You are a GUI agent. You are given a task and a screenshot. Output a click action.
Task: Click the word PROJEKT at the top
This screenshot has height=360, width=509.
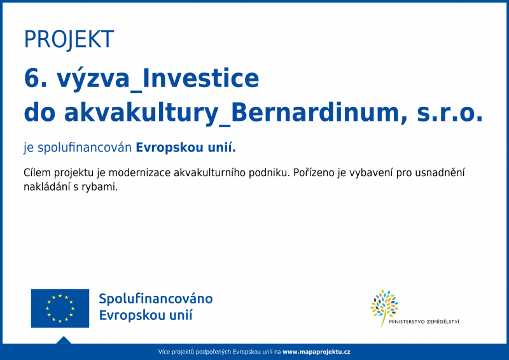[x=69, y=39]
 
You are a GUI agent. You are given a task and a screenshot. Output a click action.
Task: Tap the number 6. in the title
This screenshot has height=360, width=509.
[x=35, y=78]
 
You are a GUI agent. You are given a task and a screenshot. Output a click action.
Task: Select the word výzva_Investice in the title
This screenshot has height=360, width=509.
[x=158, y=79]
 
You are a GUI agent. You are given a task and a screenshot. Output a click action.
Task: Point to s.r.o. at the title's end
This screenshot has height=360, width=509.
[x=450, y=113]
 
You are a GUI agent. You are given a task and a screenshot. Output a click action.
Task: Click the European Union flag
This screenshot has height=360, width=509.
[x=60, y=308]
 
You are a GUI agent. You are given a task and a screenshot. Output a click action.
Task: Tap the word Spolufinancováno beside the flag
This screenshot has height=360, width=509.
[x=156, y=299]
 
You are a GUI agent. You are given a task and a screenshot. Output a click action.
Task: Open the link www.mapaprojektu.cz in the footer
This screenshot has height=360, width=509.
[x=316, y=352]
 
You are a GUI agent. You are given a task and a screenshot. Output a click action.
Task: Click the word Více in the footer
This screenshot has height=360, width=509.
[x=165, y=352]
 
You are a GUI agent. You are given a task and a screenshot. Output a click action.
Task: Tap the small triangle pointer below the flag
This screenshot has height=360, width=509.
[x=63, y=340]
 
